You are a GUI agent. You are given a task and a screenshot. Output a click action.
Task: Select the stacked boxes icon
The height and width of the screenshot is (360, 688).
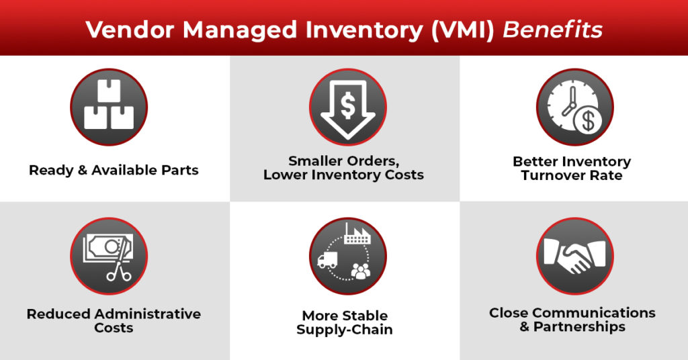(x=109, y=107)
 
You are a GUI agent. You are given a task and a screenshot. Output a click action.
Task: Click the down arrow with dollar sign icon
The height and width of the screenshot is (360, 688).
(x=347, y=107)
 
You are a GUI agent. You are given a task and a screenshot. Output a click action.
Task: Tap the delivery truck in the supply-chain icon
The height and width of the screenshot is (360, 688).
(x=328, y=260)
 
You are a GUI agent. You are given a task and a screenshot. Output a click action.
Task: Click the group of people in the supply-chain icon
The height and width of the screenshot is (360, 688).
(x=361, y=271)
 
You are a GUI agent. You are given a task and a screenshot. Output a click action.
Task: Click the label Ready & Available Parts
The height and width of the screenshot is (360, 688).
(x=114, y=170)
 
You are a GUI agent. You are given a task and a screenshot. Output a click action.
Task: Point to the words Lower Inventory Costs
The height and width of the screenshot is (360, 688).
(x=343, y=175)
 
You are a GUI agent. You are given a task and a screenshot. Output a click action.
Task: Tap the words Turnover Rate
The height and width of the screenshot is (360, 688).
(x=571, y=175)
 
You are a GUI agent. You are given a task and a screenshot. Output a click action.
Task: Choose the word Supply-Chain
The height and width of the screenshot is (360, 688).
(x=344, y=330)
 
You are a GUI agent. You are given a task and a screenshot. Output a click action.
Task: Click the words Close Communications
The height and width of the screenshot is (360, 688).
(x=572, y=313)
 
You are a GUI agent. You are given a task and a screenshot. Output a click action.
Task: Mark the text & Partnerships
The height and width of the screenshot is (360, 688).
(x=572, y=327)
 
